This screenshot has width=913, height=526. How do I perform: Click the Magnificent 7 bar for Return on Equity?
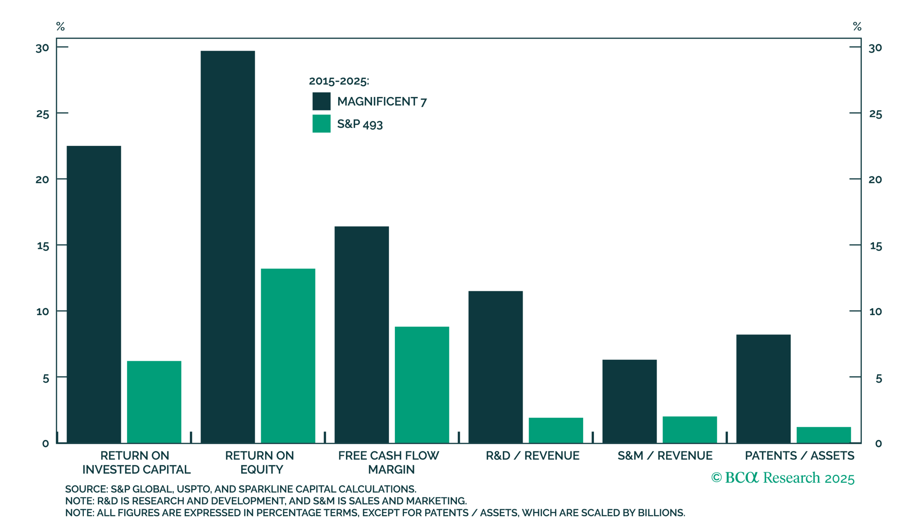(x=228, y=247)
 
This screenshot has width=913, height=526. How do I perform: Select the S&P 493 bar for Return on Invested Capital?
(x=154, y=402)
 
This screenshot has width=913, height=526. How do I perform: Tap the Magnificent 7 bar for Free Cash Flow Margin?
(x=362, y=335)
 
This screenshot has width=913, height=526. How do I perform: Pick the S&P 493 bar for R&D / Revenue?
(x=556, y=430)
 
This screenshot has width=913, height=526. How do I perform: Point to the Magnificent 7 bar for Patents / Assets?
(x=764, y=389)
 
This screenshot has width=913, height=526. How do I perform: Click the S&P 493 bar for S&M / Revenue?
(x=690, y=430)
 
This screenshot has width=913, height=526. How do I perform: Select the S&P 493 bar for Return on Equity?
(x=288, y=356)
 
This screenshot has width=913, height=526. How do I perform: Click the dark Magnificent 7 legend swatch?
(x=322, y=101)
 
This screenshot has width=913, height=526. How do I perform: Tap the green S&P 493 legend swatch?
(x=322, y=123)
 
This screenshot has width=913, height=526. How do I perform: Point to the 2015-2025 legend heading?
(x=339, y=81)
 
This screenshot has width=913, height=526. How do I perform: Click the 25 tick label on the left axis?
(x=42, y=114)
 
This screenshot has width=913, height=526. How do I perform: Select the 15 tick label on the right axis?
(x=876, y=246)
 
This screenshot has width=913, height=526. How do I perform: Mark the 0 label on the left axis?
(x=46, y=444)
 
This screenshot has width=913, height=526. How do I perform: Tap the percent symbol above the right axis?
(x=857, y=26)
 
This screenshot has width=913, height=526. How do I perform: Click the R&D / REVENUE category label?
(x=532, y=455)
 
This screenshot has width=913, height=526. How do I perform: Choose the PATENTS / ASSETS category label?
(x=800, y=455)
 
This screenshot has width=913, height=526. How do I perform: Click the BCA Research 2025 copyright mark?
(x=782, y=478)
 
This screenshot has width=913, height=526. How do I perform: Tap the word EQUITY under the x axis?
(x=262, y=470)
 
